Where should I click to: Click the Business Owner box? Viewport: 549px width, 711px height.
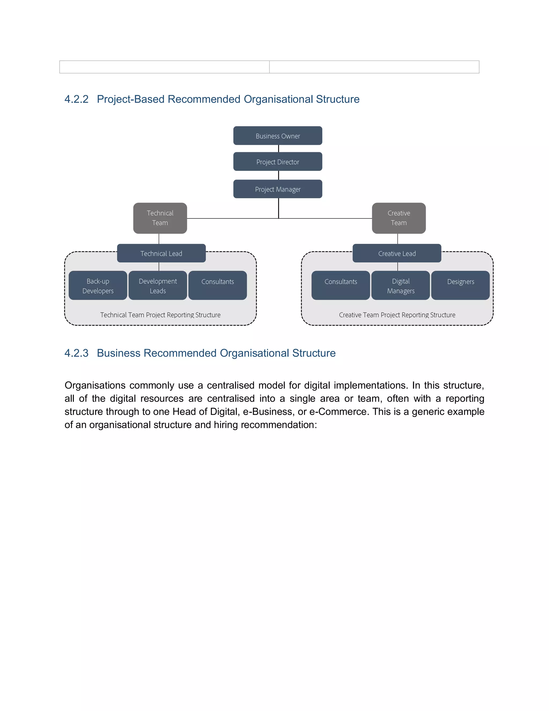pyautogui.click(x=277, y=136)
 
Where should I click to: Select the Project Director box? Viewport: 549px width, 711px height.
pyautogui.click(x=277, y=162)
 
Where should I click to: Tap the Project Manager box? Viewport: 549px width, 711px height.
pyautogui.click(x=277, y=189)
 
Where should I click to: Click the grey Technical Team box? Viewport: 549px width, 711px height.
pyautogui.click(x=160, y=218)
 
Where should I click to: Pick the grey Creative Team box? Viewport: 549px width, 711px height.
pyautogui.click(x=398, y=218)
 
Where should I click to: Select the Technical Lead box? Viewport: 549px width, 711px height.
pyautogui.click(x=161, y=253)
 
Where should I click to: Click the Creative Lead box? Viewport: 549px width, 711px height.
pyautogui.click(x=397, y=253)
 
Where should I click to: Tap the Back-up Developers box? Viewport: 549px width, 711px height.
pyautogui.click(x=98, y=285)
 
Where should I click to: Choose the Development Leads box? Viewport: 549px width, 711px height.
pyautogui.click(x=158, y=285)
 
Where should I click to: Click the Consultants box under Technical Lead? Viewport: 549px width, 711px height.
pyautogui.click(x=218, y=285)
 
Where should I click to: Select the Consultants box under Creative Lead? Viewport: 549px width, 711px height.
pyautogui.click(x=340, y=285)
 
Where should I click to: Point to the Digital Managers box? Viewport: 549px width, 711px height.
pyautogui.click(x=400, y=285)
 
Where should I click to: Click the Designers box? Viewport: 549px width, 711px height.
pyautogui.click(x=460, y=285)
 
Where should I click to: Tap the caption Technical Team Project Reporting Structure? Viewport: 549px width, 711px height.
pyautogui.click(x=160, y=315)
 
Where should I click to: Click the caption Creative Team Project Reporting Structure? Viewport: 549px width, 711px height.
pyautogui.click(x=397, y=315)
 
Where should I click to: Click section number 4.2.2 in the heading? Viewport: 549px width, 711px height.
pyautogui.click(x=76, y=99)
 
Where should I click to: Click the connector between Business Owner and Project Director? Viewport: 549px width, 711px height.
pyautogui.click(x=279, y=148)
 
